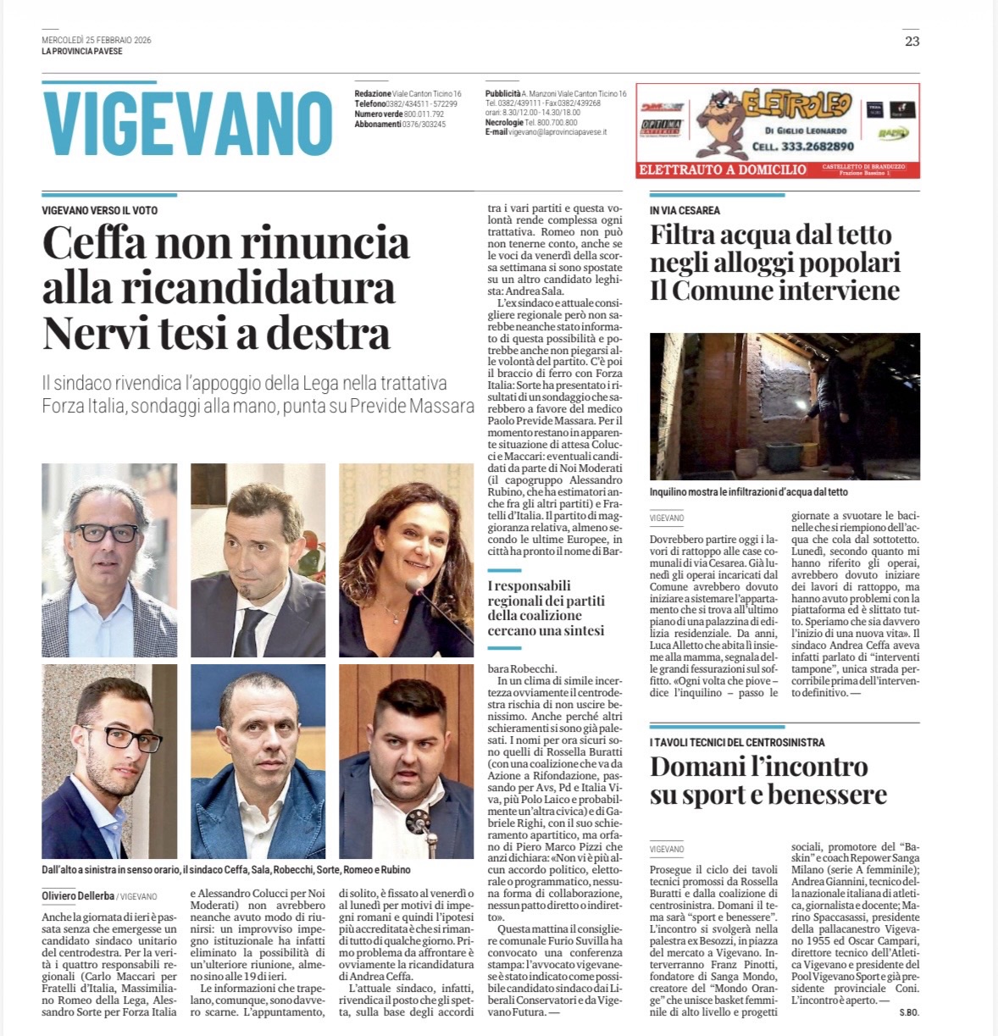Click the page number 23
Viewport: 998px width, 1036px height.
click(912, 41)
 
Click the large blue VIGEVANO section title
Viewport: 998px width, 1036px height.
click(187, 124)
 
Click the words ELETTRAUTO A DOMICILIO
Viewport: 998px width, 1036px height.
click(722, 169)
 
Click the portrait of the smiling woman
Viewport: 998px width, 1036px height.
click(406, 560)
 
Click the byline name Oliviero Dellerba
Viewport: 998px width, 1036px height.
click(77, 896)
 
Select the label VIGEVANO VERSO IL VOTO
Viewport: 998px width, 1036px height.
click(100, 210)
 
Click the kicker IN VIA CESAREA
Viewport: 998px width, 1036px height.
click(685, 210)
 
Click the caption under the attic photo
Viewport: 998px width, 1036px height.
click(748, 491)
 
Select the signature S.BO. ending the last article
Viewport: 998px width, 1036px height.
click(909, 1012)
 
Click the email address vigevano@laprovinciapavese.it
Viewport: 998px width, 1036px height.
click(558, 132)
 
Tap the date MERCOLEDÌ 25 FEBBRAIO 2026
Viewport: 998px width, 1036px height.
click(97, 40)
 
